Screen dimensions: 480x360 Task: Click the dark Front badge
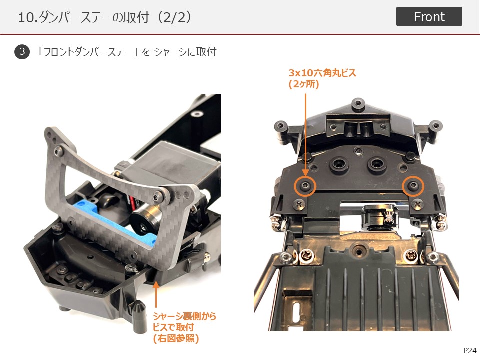pos(429,16)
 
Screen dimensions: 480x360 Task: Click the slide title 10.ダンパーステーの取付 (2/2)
pos(105,17)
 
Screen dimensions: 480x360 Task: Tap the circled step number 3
pos(22,51)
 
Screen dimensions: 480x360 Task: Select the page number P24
pos(470,351)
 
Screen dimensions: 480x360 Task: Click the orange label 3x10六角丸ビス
pos(322,73)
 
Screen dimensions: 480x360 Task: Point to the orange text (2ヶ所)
pos(304,84)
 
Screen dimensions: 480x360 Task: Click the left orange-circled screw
pos(305,185)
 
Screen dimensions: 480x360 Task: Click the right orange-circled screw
pos(413,186)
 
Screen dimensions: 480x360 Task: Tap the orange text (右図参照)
pos(176,338)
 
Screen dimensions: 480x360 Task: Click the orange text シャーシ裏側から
pos(184,316)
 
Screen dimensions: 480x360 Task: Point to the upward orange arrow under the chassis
pos(156,294)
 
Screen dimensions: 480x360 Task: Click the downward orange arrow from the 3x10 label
pos(305,134)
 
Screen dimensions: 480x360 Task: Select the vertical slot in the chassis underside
pos(296,312)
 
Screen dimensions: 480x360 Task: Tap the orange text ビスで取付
pos(173,327)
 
